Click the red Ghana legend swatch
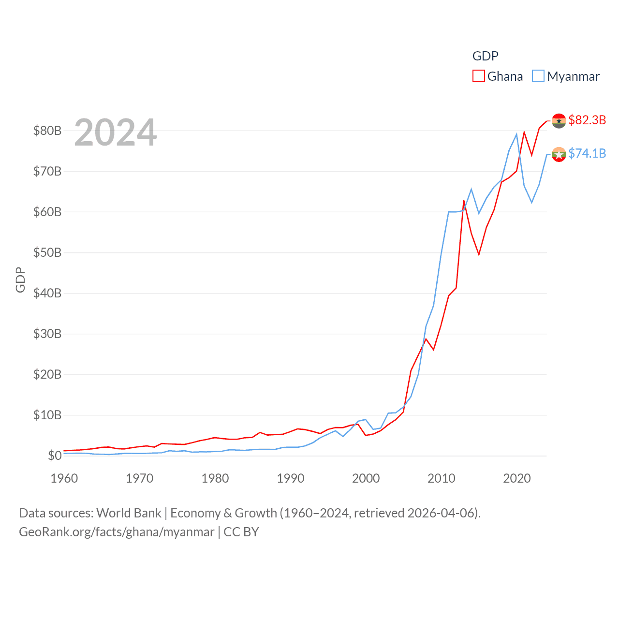pos(478,76)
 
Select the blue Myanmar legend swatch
pos(538,76)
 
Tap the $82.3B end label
pos(587,120)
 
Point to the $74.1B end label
pos(587,153)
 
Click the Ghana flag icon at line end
pos(559,121)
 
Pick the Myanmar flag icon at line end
pos(559,154)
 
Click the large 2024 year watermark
pos(115,133)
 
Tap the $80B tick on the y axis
pos(47,131)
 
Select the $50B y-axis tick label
pos(47,252)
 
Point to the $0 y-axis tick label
pos(55,456)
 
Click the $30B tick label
pos(47,334)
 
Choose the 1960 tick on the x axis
pos(64,478)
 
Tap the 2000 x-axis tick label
pos(366,478)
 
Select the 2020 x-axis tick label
pos(517,478)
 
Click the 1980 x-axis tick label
pos(215,478)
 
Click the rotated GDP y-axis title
pos(20,280)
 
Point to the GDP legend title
pos(485,56)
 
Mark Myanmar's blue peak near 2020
pos(516,134)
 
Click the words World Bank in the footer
pos(129,513)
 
